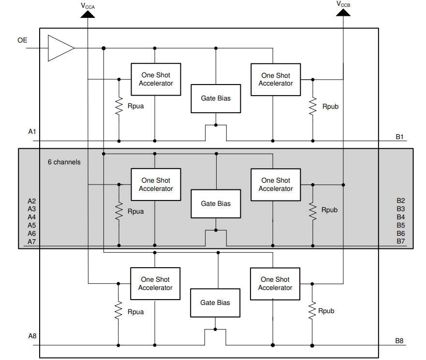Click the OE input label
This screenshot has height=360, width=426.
(22, 41)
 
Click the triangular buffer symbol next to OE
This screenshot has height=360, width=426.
(59, 48)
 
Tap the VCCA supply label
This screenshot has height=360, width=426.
(88, 5)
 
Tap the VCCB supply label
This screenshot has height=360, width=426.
(343, 4)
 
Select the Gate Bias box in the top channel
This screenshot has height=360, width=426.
(216, 99)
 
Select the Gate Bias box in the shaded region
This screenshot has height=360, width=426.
(216, 204)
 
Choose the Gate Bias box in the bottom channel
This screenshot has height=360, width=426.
(215, 303)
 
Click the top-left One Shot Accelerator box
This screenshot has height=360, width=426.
(156, 79)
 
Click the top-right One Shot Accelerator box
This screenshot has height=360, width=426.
(276, 79)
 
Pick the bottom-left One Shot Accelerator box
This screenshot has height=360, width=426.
(155, 284)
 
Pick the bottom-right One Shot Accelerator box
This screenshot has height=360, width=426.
(275, 284)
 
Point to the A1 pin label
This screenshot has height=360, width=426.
(32, 131)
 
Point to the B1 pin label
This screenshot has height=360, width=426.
(399, 137)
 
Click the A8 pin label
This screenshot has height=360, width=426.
(32, 336)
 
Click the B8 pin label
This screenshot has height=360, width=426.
(399, 341)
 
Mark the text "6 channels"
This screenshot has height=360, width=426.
(64, 162)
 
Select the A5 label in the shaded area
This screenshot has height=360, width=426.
(32, 225)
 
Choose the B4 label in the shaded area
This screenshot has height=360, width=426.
(400, 217)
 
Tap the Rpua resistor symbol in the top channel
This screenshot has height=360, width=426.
(118, 106)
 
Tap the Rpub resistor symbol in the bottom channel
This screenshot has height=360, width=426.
(312, 311)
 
